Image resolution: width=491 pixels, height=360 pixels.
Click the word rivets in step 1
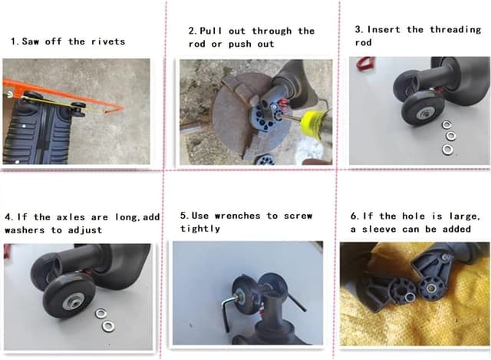[x=108, y=41]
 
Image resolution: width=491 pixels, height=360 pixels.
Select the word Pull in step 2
[x=210, y=31]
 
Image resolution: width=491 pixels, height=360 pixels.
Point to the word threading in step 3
[x=455, y=30]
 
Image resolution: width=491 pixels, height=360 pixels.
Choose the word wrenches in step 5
[x=237, y=216]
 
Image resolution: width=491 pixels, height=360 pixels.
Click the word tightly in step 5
[x=200, y=229]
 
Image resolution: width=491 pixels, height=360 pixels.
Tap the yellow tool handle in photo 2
[x=313, y=123]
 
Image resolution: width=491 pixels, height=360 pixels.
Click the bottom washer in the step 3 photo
[x=448, y=150]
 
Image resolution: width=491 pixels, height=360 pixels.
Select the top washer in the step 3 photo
[x=447, y=124]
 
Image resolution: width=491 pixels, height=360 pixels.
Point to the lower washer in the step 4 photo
[x=108, y=326]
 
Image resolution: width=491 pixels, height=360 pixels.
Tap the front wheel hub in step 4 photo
[x=73, y=302]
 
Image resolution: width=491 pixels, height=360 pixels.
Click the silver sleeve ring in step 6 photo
[x=409, y=298]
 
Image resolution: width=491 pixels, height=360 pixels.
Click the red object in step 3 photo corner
[x=365, y=64]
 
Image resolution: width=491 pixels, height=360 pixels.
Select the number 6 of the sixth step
[x=354, y=216]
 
